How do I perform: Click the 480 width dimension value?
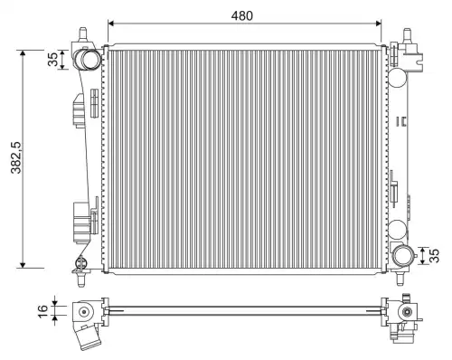click(x=242, y=15)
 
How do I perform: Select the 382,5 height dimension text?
click(x=16, y=157)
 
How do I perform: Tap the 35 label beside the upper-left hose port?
click(x=52, y=60)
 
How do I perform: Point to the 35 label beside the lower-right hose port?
click(x=434, y=256)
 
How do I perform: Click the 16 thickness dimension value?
click(x=43, y=311)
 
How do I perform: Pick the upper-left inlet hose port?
click(x=88, y=59)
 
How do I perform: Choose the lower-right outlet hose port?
click(x=403, y=255)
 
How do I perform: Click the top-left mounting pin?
click(x=82, y=34)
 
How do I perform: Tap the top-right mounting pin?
click(x=408, y=35)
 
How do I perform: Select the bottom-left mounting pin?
click(x=81, y=279)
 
